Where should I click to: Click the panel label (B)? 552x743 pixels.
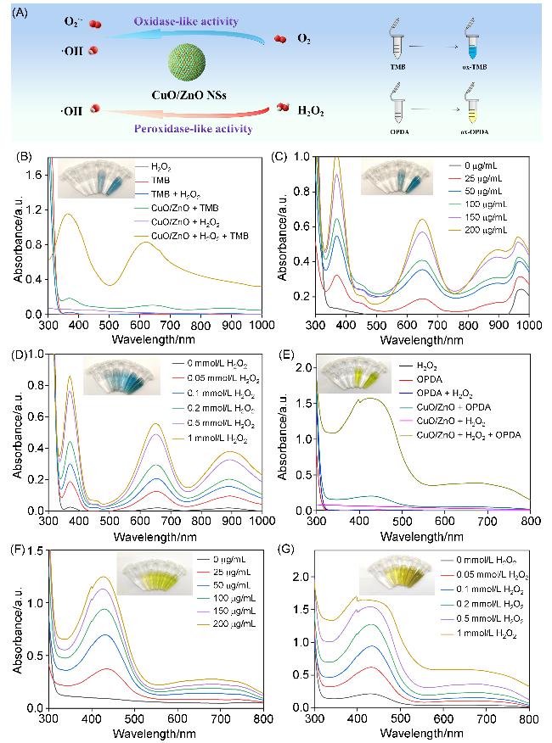[x=19, y=157]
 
